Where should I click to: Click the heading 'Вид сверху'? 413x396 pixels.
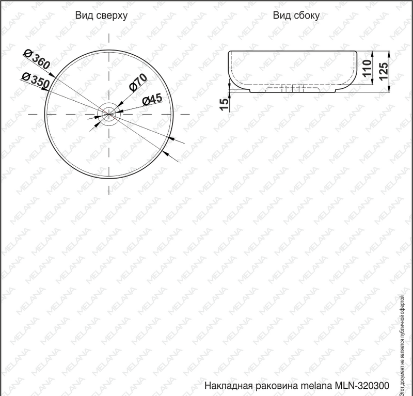(101, 15)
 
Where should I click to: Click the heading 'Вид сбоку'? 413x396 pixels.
(296, 15)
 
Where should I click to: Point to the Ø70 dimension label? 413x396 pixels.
(139, 83)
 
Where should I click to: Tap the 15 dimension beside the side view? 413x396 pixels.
(224, 103)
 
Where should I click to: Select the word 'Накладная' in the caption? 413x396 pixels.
(226, 386)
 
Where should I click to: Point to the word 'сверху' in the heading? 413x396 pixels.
(112, 15)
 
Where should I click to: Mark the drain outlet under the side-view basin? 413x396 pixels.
(292, 89)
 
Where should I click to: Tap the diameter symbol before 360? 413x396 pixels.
(28, 53)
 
